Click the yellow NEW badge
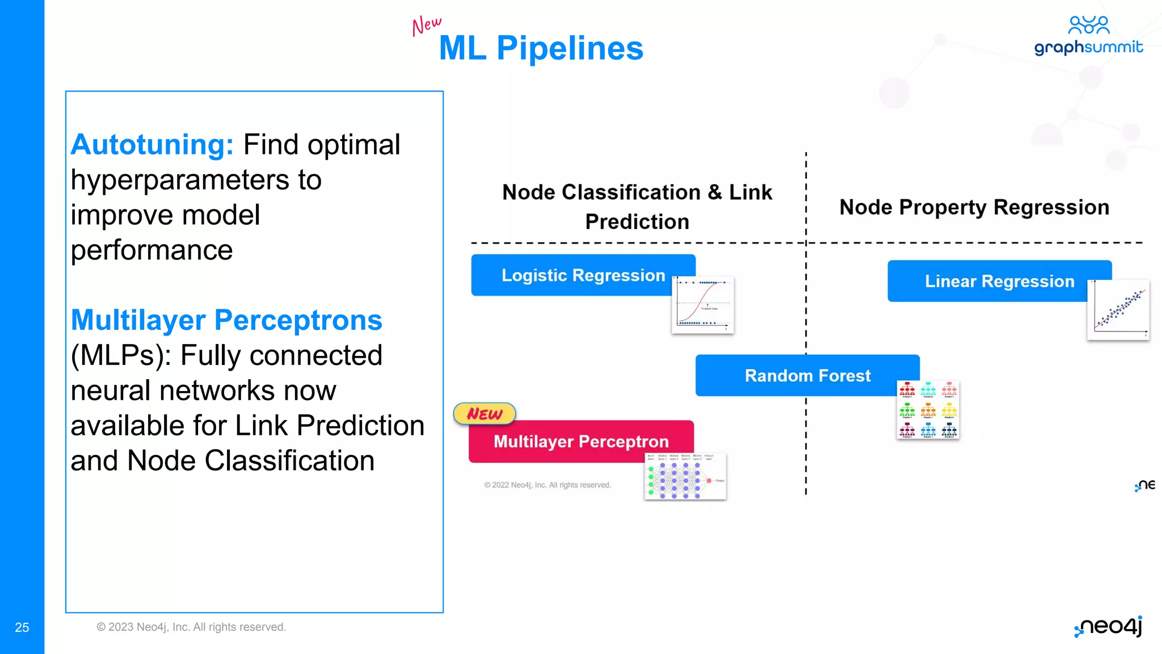click(485, 414)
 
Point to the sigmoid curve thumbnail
click(702, 305)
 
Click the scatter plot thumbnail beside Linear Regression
click(1118, 310)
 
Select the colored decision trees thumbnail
click(928, 409)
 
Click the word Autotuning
click(152, 144)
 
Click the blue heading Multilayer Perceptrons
click(226, 320)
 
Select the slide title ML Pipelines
click(541, 48)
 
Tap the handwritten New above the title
click(426, 26)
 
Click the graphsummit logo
click(1088, 36)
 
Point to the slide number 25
click(22, 627)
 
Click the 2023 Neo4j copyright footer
click(191, 627)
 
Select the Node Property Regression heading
click(974, 207)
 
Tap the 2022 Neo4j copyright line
click(548, 485)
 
